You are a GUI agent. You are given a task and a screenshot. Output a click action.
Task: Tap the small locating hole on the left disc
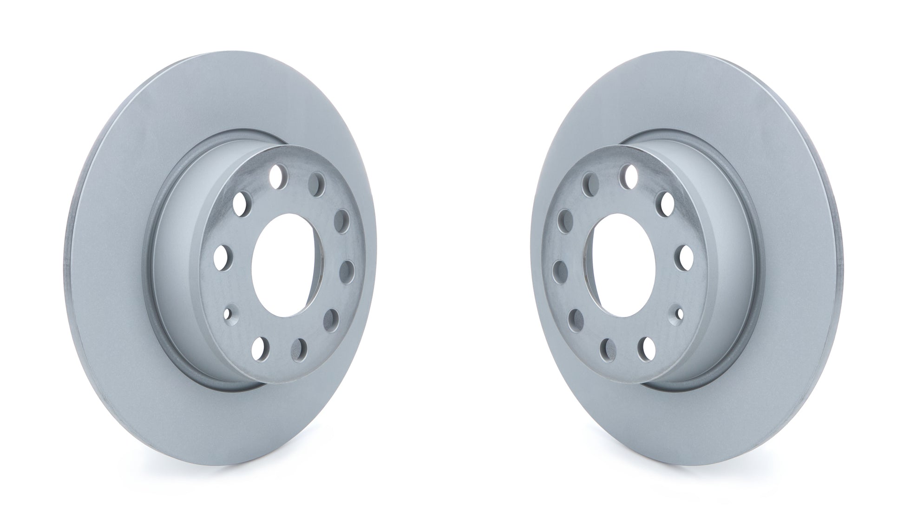(227, 313)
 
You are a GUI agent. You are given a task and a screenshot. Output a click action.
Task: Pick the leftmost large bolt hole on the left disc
(221, 255)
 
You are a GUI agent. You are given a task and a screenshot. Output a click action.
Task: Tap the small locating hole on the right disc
(679, 313)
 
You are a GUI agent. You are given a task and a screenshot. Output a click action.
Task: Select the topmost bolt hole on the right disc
(630, 174)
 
